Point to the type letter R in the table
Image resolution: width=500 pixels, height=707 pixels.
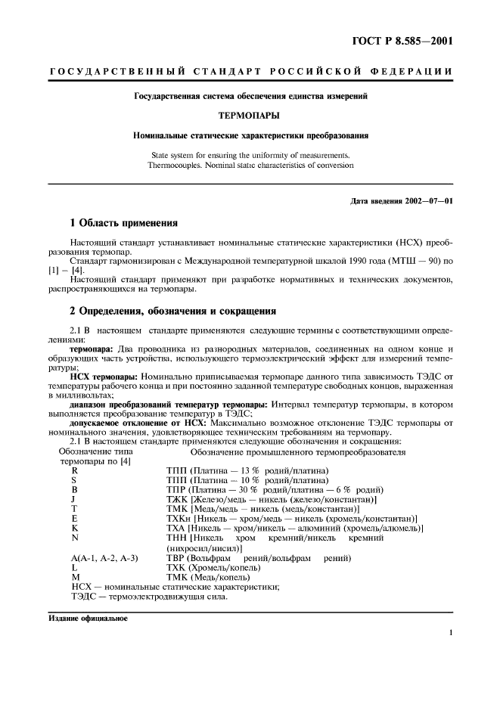74,470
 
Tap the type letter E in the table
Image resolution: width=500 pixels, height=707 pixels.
74,519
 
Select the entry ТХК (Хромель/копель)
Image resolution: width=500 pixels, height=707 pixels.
213,567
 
